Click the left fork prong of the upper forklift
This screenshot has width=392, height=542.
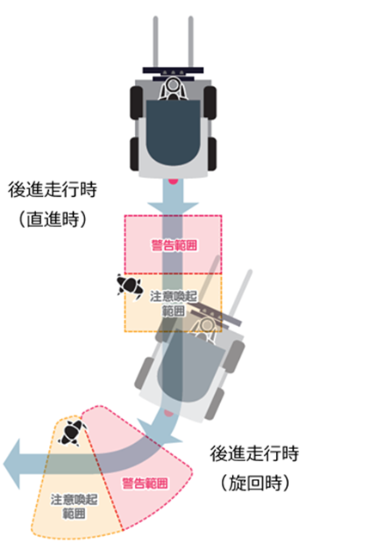156,42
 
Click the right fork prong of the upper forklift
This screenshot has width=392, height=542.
191,42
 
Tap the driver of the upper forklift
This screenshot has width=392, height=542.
173,89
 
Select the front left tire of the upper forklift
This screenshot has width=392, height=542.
137,102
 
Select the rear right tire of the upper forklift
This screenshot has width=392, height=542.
211,154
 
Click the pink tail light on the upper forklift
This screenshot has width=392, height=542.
173,181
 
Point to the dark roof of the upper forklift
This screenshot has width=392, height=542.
173,132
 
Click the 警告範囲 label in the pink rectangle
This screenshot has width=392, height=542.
175,245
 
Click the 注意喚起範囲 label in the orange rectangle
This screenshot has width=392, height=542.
174,303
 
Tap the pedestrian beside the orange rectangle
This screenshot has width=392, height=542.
130,286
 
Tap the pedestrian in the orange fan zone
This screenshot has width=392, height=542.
72,432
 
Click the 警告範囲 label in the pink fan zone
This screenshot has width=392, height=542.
145,483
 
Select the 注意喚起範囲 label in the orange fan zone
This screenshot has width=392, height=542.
74,507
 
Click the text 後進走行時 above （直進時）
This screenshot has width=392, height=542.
52,190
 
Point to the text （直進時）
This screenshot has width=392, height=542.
52,219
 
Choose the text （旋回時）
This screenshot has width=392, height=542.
255,483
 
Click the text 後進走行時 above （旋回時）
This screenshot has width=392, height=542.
254,453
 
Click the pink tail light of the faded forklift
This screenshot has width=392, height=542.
168,413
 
